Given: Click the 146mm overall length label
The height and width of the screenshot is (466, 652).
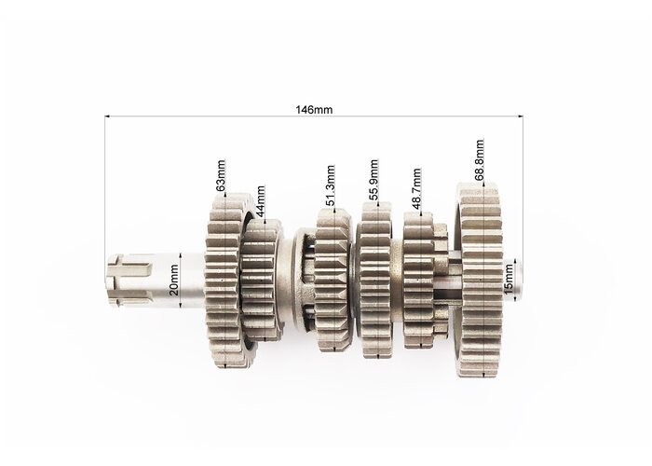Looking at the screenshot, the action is [314, 109].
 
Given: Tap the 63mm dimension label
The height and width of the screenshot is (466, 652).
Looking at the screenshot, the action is [221, 175].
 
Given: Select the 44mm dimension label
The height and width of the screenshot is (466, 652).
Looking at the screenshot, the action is [260, 201].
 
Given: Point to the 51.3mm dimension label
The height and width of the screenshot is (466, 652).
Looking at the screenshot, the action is [330, 185].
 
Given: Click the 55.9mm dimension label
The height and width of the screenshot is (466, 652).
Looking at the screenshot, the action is [374, 180].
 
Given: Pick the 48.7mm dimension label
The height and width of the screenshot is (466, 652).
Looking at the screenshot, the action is [416, 188].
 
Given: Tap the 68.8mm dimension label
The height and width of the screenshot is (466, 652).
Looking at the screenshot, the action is [480, 160].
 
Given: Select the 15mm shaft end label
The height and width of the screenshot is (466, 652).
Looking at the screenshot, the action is [509, 279].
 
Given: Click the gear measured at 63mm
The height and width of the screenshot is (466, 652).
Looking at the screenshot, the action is [224, 280].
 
